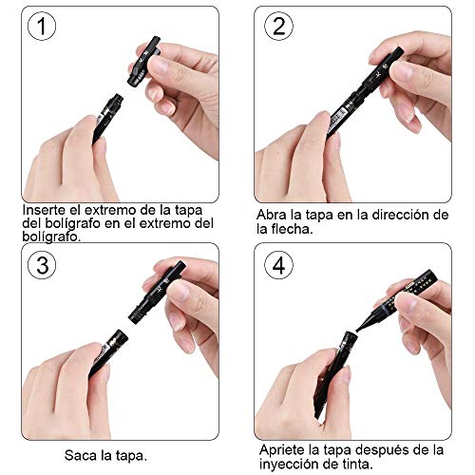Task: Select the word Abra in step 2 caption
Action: pyautogui.click(x=273, y=215)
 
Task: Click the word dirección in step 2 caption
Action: pyautogui.click(x=389, y=215)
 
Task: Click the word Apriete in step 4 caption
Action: pyautogui.click(x=282, y=447)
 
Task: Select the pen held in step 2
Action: pyautogui.click(x=366, y=95)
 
